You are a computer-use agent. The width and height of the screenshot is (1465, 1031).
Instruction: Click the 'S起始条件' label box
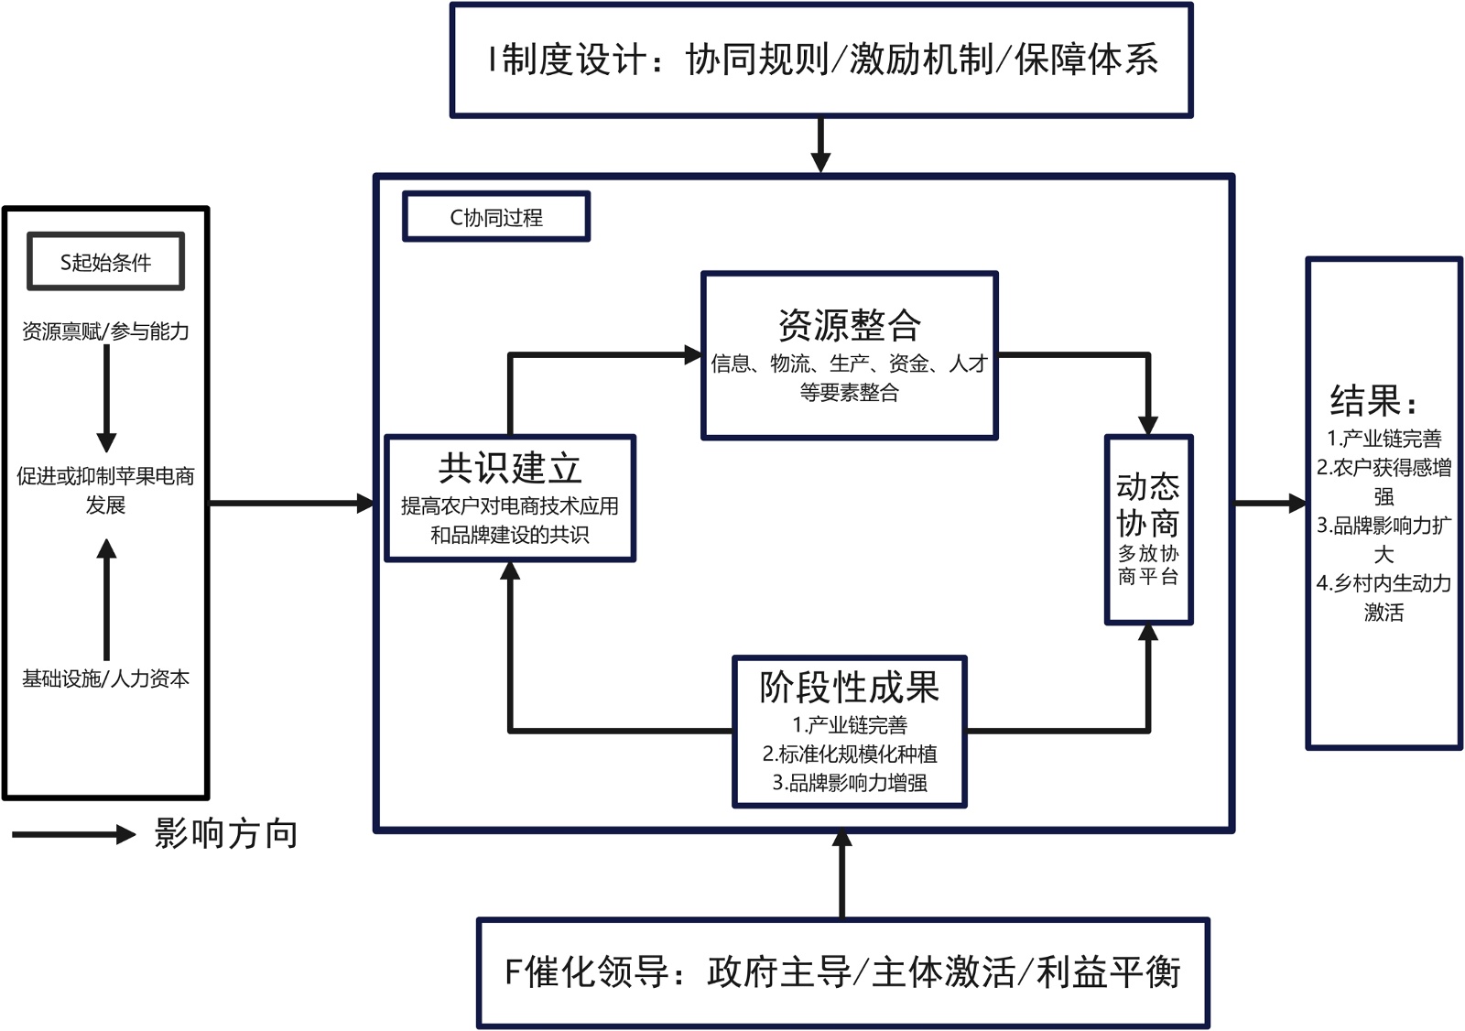pyautogui.click(x=105, y=262)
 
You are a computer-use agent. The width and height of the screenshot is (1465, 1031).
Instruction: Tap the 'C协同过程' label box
pyautogui.click(x=495, y=217)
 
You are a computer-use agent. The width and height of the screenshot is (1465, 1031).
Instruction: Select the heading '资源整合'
pyautogui.click(x=849, y=324)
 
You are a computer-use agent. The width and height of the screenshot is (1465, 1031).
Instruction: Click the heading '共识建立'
pyautogui.click(x=509, y=468)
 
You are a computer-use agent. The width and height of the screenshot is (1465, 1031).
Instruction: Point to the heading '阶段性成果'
pyautogui.click(x=849, y=687)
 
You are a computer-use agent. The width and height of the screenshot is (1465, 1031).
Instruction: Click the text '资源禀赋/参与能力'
pyautogui.click(x=105, y=331)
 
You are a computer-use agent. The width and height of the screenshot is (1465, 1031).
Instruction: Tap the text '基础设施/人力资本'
pyautogui.click(x=105, y=678)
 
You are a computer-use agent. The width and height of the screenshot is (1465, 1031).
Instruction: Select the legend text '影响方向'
pyautogui.click(x=226, y=834)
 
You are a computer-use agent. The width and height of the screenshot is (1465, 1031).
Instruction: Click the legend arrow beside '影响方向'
pyautogui.click(x=73, y=834)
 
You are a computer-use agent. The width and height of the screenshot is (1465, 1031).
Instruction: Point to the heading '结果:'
pyautogui.click(x=1373, y=401)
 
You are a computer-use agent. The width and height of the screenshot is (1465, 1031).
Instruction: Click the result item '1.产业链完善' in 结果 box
pyautogui.click(x=1384, y=439)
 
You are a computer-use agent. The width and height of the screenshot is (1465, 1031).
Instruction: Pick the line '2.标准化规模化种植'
pyautogui.click(x=849, y=754)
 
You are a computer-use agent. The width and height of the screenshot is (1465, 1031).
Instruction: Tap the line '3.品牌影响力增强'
pyautogui.click(x=849, y=783)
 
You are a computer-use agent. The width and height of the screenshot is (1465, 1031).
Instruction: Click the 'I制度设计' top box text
pyautogui.click(x=821, y=60)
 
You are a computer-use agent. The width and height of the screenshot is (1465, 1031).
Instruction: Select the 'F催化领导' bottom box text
pyautogui.click(x=842, y=972)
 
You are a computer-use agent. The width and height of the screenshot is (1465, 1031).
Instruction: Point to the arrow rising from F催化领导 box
pyautogui.click(x=842, y=874)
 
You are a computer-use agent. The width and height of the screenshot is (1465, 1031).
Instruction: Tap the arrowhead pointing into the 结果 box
pyautogui.click(x=1297, y=503)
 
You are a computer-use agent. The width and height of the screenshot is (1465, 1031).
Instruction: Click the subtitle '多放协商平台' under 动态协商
pyautogui.click(x=1148, y=565)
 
